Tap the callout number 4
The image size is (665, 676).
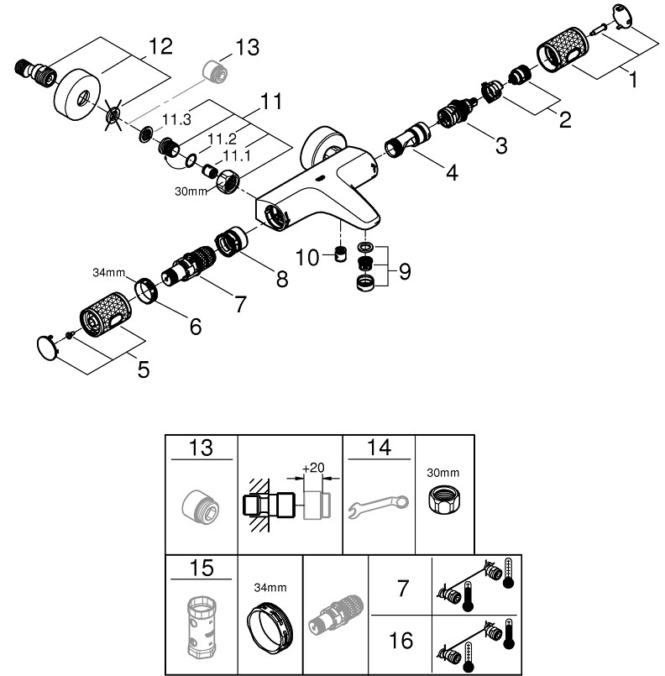coord(452,173)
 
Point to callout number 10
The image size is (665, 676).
coord(309,257)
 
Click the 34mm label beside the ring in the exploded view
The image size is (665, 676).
coord(108,271)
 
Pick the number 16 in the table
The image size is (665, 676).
coord(401,641)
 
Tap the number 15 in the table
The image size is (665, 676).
coord(202,569)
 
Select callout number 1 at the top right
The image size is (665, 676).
coord(633,81)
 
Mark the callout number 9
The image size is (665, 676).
coord(405,272)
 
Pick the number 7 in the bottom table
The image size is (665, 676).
coord(402,588)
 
